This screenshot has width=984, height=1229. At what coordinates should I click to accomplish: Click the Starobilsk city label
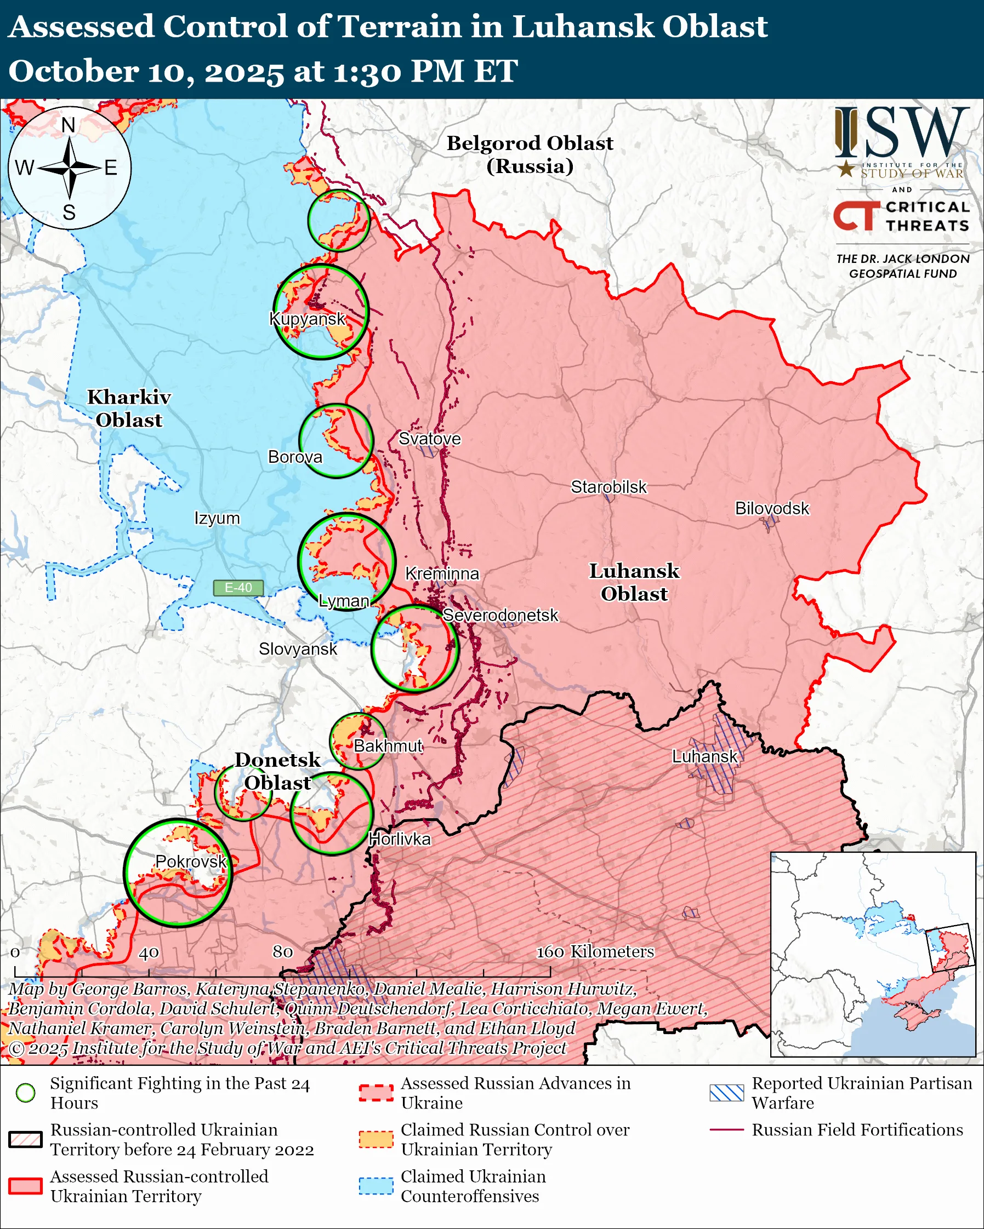point(608,487)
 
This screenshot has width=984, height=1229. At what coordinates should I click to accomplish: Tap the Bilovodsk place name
point(771,508)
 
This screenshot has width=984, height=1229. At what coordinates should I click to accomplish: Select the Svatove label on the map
point(429,438)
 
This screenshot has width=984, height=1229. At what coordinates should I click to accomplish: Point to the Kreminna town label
point(442,573)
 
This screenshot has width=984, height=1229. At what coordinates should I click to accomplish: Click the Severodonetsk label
point(500,615)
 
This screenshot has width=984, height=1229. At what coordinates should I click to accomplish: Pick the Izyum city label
point(217,518)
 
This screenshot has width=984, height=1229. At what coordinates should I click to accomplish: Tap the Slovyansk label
point(298,648)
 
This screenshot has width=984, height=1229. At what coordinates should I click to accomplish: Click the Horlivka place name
point(399,839)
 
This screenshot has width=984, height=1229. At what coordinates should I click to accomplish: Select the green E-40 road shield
point(238,588)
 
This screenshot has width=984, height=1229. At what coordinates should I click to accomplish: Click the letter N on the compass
point(69,125)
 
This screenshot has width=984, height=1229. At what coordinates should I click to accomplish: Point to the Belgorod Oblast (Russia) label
point(530,154)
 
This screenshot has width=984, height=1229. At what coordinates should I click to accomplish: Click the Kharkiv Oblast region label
point(129,408)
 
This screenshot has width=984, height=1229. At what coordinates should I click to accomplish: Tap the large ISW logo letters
point(901,133)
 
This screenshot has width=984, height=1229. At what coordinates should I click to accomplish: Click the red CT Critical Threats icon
point(856,216)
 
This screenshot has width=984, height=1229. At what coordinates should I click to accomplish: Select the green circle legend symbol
point(26,1093)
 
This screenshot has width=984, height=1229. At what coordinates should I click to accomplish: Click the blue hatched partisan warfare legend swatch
point(726,1093)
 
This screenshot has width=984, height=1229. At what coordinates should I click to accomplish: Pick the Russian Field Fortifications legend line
point(726,1129)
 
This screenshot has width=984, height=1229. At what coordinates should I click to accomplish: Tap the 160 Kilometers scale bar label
point(594,951)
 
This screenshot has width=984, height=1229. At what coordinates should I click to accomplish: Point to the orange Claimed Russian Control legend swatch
point(376,1139)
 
